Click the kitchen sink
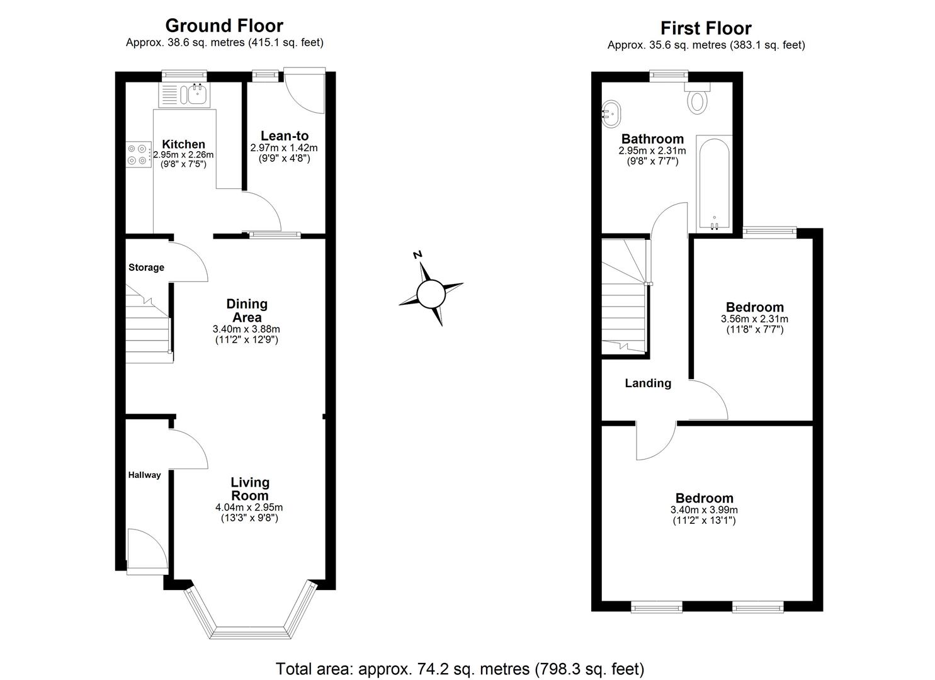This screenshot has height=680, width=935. pyautogui.click(x=195, y=94)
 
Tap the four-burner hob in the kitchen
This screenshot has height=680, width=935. pyautogui.click(x=138, y=154)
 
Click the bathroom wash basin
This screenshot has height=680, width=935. pyautogui.click(x=611, y=114)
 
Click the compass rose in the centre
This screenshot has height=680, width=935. pyautogui.click(x=431, y=293)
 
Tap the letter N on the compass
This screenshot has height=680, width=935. pyautogui.click(x=417, y=254)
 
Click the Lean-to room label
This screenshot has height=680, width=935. pyautogui.click(x=285, y=136)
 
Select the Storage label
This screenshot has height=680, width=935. pyautogui.click(x=146, y=268)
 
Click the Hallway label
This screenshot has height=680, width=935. pyautogui.click(x=144, y=475)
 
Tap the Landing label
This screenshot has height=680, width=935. pyautogui.click(x=648, y=383)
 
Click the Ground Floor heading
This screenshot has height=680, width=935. pyautogui.click(x=224, y=26)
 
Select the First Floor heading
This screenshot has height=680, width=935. pyautogui.click(x=706, y=28)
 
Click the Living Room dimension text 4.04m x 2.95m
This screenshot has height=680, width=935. pyautogui.click(x=249, y=507)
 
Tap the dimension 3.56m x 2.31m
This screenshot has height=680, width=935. pyautogui.click(x=754, y=319)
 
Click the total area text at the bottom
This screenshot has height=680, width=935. pyautogui.click(x=460, y=669)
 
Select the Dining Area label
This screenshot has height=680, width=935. pyautogui.click(x=247, y=310)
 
